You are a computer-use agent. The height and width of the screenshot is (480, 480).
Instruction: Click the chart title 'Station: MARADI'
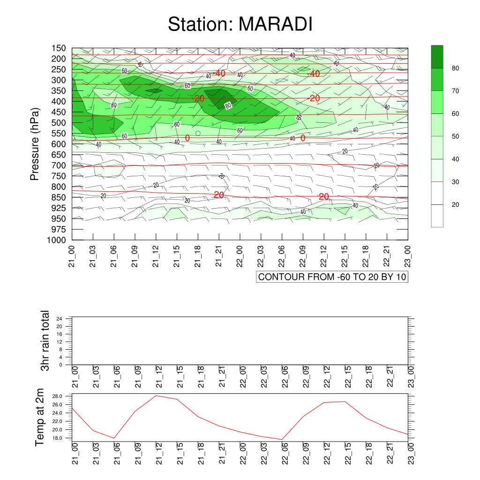(240, 24)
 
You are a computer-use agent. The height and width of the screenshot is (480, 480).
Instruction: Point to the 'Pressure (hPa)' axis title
(35, 144)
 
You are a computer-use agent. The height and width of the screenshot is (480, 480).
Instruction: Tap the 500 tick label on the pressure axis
(59, 123)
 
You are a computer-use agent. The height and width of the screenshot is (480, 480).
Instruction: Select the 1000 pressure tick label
(57, 240)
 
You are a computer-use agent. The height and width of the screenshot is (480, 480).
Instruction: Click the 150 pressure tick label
(59, 48)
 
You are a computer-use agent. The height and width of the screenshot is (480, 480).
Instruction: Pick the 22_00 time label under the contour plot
(240, 256)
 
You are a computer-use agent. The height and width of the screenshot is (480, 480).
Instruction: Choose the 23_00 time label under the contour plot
(408, 256)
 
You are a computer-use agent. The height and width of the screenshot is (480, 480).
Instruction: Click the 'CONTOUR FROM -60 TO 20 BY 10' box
(332, 277)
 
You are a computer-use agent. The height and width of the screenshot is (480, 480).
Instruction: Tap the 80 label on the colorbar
(455, 68)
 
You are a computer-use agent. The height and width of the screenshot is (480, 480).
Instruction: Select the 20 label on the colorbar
(455, 204)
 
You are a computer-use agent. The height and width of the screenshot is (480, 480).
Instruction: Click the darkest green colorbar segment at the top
(437, 57)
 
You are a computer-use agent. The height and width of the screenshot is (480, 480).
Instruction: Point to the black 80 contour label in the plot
(228, 105)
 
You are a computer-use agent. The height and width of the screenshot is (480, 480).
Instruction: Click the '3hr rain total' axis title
(45, 340)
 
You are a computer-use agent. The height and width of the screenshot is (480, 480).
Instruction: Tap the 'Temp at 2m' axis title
(39, 417)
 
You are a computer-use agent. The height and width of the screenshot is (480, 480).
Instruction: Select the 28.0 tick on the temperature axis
(57, 396)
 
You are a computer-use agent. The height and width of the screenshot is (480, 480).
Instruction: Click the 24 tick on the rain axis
(59, 319)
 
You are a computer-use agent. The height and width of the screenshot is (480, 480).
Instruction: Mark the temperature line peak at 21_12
(156, 396)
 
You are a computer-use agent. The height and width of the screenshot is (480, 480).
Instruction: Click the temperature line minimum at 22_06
(282, 440)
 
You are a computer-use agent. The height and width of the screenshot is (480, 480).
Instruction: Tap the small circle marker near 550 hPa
(198, 134)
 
